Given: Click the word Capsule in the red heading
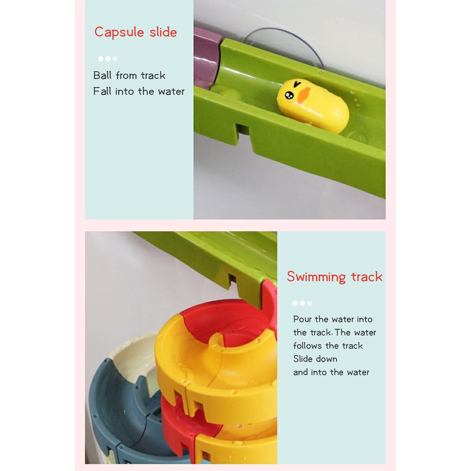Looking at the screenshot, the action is tap(119, 32).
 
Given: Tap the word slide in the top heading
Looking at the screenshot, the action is tap(163, 32).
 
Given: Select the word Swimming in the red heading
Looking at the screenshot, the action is tap(316, 277).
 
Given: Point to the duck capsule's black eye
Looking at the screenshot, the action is tap(289, 95).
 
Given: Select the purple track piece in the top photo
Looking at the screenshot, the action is tap(207, 59).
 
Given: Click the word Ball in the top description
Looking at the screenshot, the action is tap(102, 75).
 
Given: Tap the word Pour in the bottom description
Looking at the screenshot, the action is tap(302, 319).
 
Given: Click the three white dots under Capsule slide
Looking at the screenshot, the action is tap(108, 59).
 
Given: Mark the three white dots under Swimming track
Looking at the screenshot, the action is tap(302, 304).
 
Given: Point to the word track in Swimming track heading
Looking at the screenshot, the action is tap(367, 277).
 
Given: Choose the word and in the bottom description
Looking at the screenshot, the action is tap(301, 372).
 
